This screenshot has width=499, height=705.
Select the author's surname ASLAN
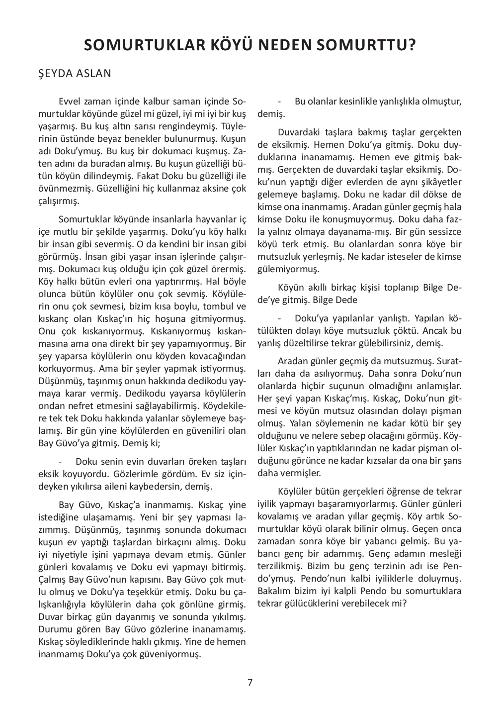tap(92, 74)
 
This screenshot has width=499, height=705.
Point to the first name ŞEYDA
tap(54, 74)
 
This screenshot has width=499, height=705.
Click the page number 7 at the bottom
tap(250, 683)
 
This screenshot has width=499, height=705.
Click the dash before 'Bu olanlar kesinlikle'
tap(281, 101)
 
